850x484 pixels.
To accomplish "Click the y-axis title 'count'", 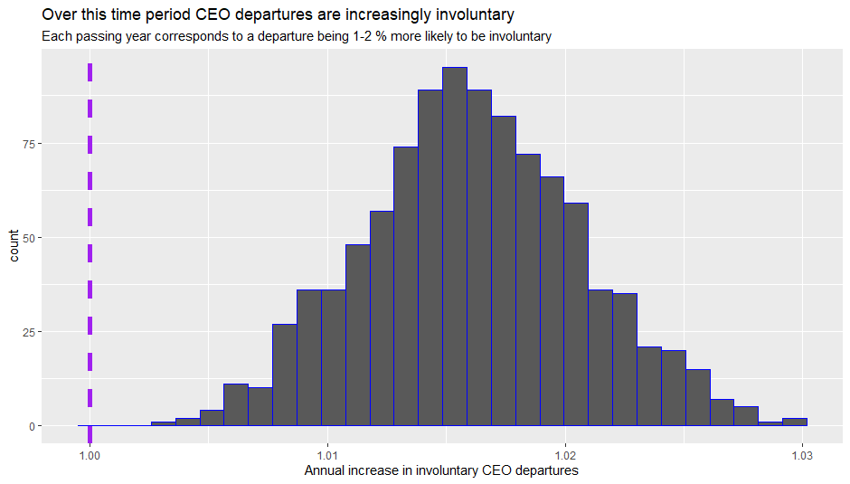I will pos(15,245).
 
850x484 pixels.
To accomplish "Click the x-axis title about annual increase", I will pos(441,470).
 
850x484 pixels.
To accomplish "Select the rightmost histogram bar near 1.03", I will pos(795,422).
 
